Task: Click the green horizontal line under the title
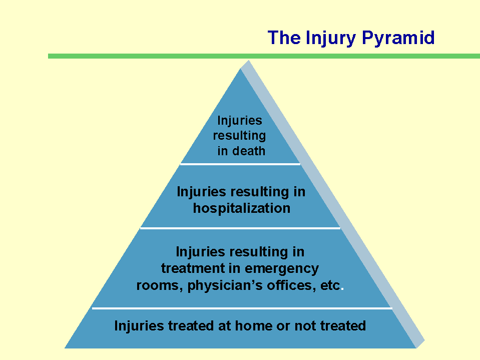264,56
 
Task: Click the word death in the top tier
249,151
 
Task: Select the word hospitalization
242,208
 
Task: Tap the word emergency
282,269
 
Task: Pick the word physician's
225,286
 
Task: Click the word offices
291,285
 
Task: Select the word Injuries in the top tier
240,120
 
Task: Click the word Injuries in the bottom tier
139,326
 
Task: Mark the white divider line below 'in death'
240,164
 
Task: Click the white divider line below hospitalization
240,228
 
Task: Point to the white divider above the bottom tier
242,308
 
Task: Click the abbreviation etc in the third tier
330,285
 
